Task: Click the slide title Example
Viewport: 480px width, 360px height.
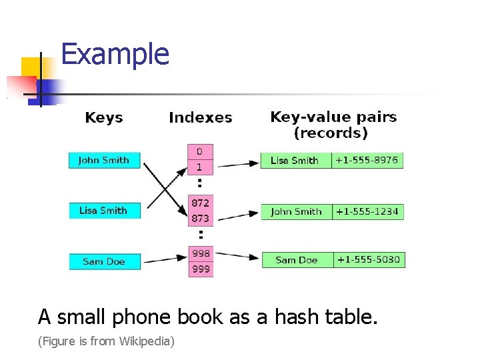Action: pyautogui.click(x=115, y=54)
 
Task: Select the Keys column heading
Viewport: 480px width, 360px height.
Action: pyautogui.click(x=104, y=118)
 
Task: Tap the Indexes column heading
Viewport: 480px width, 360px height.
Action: pyautogui.click(x=200, y=118)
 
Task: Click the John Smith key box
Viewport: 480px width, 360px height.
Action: pyautogui.click(x=104, y=160)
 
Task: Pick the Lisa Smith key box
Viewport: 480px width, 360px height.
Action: pyautogui.click(x=104, y=211)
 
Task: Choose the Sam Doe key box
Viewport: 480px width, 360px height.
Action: pyautogui.click(x=104, y=261)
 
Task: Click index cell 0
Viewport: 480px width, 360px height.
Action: pyautogui.click(x=200, y=151)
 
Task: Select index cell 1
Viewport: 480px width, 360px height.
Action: pyautogui.click(x=200, y=167)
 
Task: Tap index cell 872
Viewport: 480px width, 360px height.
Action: pyautogui.click(x=200, y=203)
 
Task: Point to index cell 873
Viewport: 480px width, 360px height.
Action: pyautogui.click(x=200, y=218)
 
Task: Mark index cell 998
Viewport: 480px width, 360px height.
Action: pyautogui.click(x=201, y=253)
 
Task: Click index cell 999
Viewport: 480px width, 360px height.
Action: pyautogui.click(x=201, y=269)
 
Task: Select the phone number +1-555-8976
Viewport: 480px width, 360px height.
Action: pyautogui.click(x=367, y=160)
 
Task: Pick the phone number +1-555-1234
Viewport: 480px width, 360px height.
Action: pyautogui.click(x=367, y=211)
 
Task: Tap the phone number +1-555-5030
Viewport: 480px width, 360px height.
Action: pyautogui.click(x=369, y=259)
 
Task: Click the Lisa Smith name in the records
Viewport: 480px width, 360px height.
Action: pyautogui.click(x=295, y=160)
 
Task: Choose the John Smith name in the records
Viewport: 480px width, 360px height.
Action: pyautogui.click(x=296, y=211)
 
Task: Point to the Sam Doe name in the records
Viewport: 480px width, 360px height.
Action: pyautogui.click(x=297, y=260)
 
